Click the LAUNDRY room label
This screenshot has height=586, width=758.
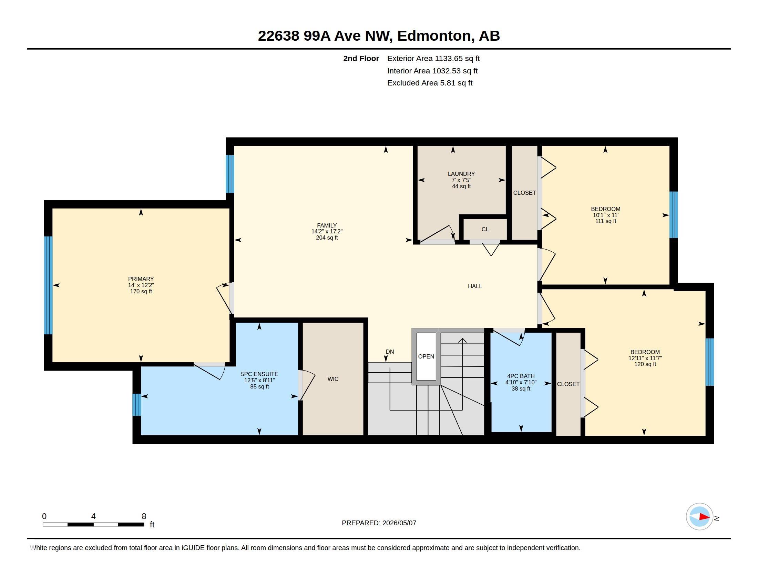[x=461, y=174]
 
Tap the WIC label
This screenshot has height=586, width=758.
[x=333, y=379]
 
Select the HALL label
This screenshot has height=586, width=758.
[x=475, y=286]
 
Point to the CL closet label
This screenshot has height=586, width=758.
[x=485, y=230]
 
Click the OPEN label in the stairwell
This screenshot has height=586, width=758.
[x=426, y=356]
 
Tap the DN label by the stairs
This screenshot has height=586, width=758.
[x=390, y=352]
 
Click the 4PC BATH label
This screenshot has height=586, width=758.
[x=521, y=376]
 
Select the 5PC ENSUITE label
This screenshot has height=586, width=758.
[x=259, y=374]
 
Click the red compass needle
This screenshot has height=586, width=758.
[x=704, y=517]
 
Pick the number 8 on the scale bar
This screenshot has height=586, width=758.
[x=144, y=516]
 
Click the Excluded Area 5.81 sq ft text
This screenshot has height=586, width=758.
[x=430, y=83]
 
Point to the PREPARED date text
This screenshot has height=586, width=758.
[x=379, y=523]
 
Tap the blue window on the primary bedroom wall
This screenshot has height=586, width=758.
[x=48, y=285]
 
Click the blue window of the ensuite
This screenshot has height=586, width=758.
[x=137, y=404]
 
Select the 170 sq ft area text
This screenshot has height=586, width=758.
[x=141, y=292]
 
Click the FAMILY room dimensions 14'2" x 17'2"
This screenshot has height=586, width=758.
[x=327, y=232]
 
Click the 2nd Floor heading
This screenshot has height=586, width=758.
[x=361, y=59]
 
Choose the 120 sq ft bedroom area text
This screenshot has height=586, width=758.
[x=645, y=364]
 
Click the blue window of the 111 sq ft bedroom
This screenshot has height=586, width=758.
[x=674, y=215]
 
